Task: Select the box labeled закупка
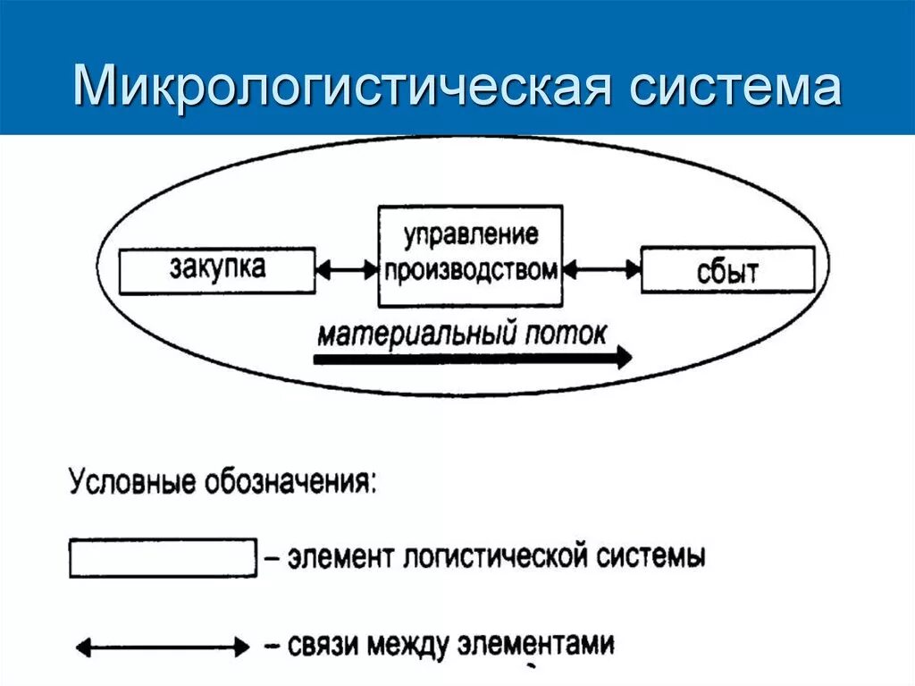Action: click(x=217, y=271)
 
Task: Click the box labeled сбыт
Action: click(x=728, y=270)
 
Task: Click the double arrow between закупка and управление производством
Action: click(x=347, y=268)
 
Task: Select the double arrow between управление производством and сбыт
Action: click(x=602, y=268)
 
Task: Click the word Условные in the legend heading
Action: click(x=120, y=483)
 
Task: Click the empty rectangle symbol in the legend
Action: click(x=163, y=558)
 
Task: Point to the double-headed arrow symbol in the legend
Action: click(x=163, y=645)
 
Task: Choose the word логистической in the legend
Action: click(x=490, y=557)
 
